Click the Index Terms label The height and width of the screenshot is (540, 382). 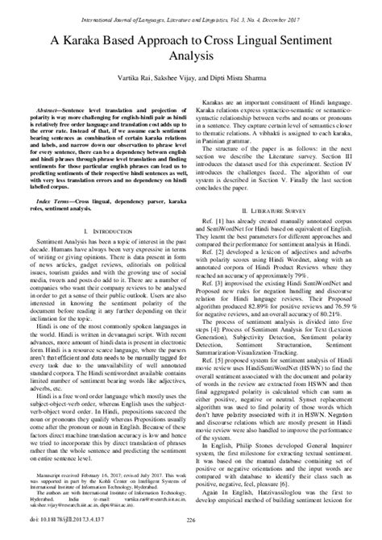coord(52,222)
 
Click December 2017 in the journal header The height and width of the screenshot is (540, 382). coord(312,13)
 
